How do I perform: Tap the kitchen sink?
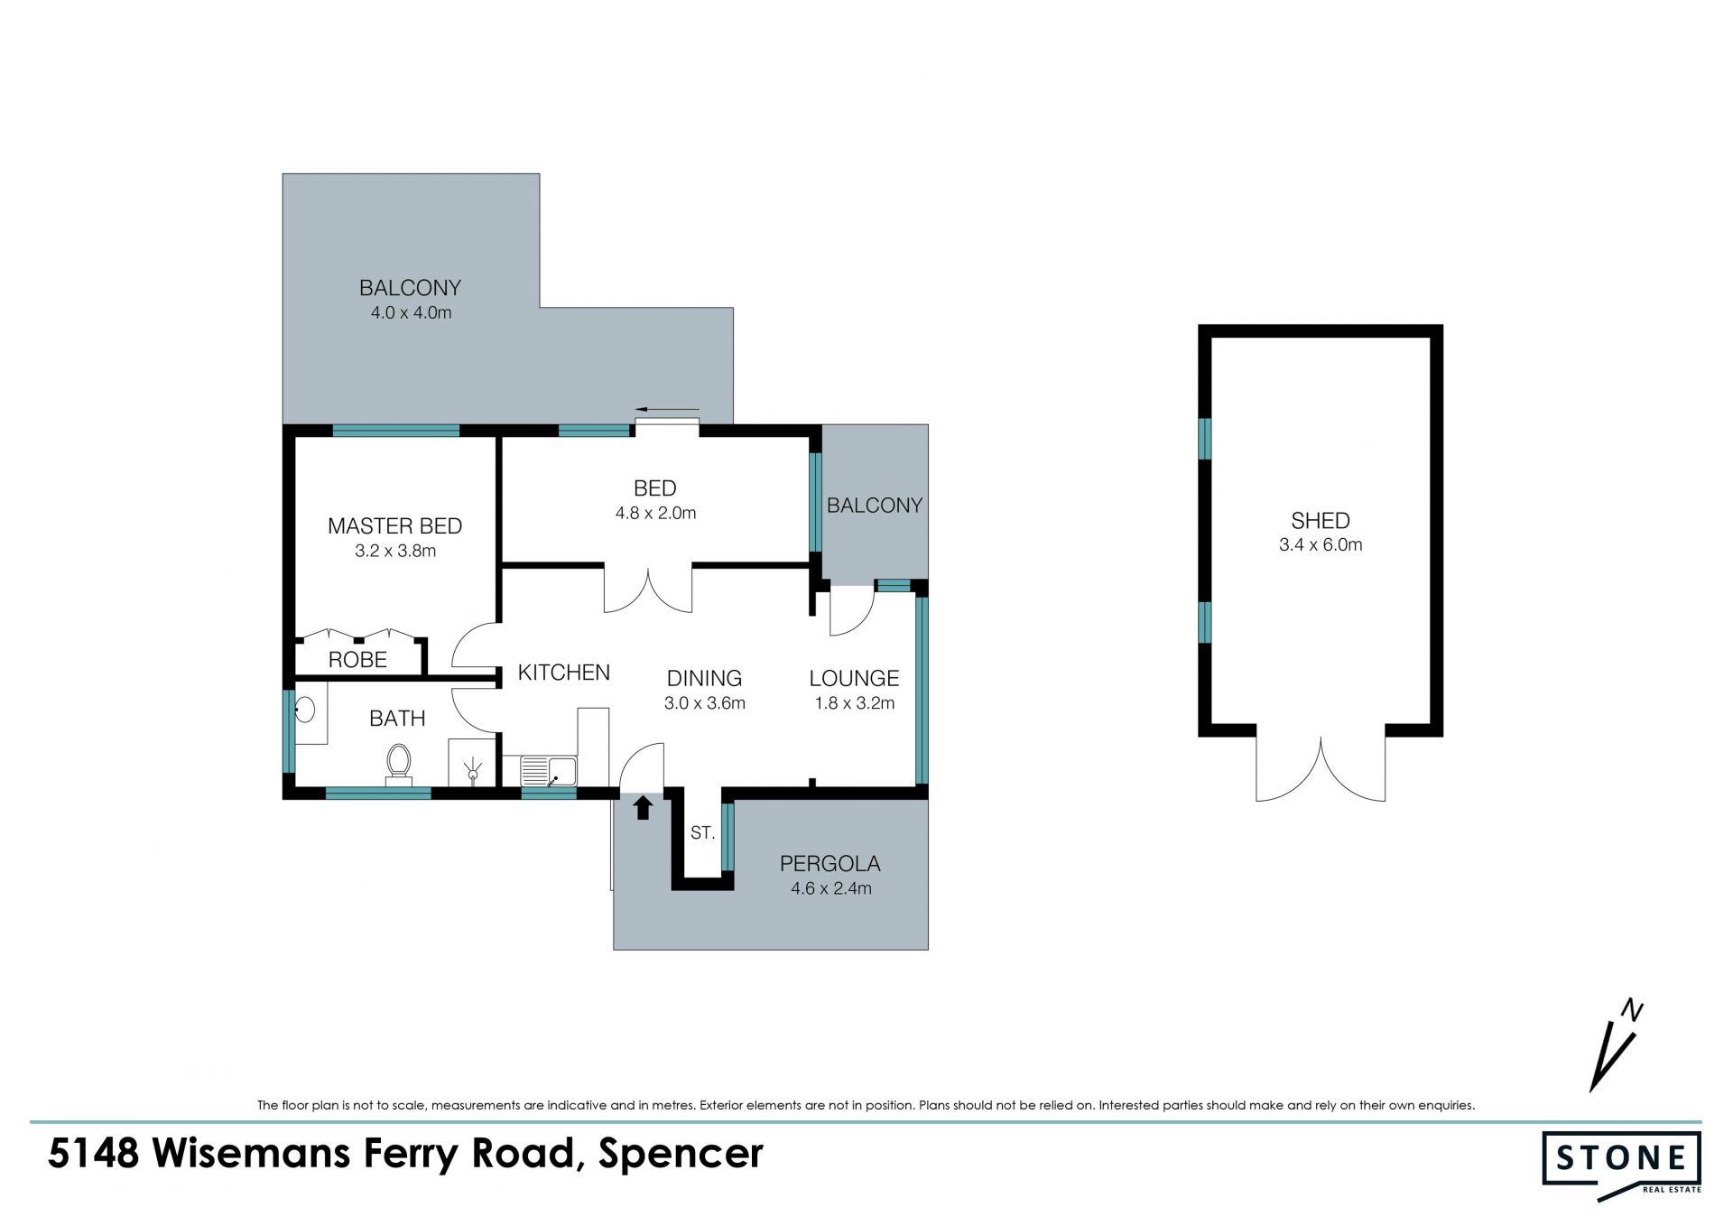click(549, 771)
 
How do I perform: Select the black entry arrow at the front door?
click(643, 807)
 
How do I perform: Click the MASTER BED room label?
click(394, 525)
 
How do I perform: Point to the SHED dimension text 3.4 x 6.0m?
click(1321, 544)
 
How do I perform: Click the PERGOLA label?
click(829, 863)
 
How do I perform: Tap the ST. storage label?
click(702, 833)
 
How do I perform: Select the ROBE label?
click(357, 660)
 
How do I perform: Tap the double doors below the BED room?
click(648, 590)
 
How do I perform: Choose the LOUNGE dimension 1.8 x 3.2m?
click(854, 703)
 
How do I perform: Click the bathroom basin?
click(305, 710)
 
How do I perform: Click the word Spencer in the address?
click(681, 1155)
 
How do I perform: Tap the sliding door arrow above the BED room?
click(667, 409)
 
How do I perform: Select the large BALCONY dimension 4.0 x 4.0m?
click(411, 313)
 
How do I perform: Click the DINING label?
click(704, 678)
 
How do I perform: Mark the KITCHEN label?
click(564, 673)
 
